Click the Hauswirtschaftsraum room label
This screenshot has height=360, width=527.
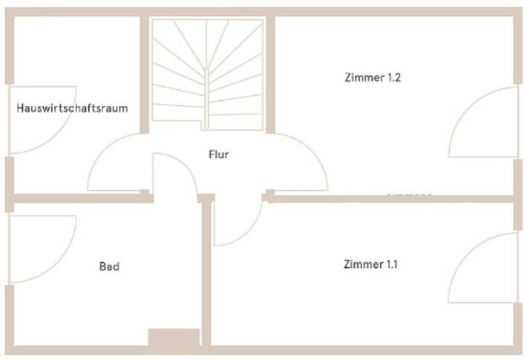72,108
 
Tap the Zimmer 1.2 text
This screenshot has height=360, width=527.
373,77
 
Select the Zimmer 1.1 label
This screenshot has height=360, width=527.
370,264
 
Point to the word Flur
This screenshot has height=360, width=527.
218,155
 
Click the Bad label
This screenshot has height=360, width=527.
109,266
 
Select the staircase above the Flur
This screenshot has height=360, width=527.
208,73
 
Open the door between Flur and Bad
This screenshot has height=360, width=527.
175,174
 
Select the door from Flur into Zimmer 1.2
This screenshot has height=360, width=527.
301,161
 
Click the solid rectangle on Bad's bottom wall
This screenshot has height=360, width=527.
174,338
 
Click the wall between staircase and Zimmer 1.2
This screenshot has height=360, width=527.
271,74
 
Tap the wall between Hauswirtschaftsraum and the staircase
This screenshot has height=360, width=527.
145,74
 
